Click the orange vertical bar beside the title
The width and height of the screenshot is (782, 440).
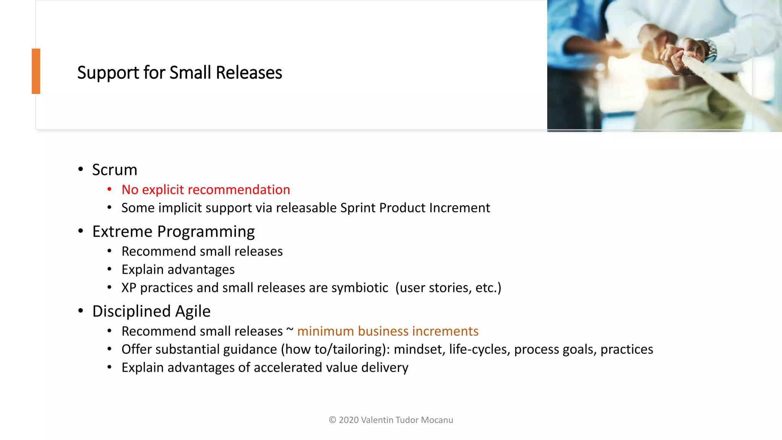tap(36, 71)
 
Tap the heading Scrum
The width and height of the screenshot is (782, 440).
tap(115, 170)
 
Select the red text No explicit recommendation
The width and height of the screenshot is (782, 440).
tap(205, 190)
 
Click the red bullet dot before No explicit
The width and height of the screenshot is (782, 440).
tap(110, 189)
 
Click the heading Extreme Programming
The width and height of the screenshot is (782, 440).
tap(173, 231)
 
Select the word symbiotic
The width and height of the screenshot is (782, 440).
tap(360, 288)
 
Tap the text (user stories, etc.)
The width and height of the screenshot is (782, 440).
tap(448, 288)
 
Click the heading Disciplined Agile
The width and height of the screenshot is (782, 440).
tap(151, 311)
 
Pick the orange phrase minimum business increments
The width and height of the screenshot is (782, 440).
tap(388, 331)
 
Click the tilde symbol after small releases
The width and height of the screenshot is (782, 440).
tap(290, 330)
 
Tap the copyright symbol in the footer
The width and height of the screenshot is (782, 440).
tap(332, 420)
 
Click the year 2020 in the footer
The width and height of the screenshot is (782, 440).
tap(349, 420)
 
